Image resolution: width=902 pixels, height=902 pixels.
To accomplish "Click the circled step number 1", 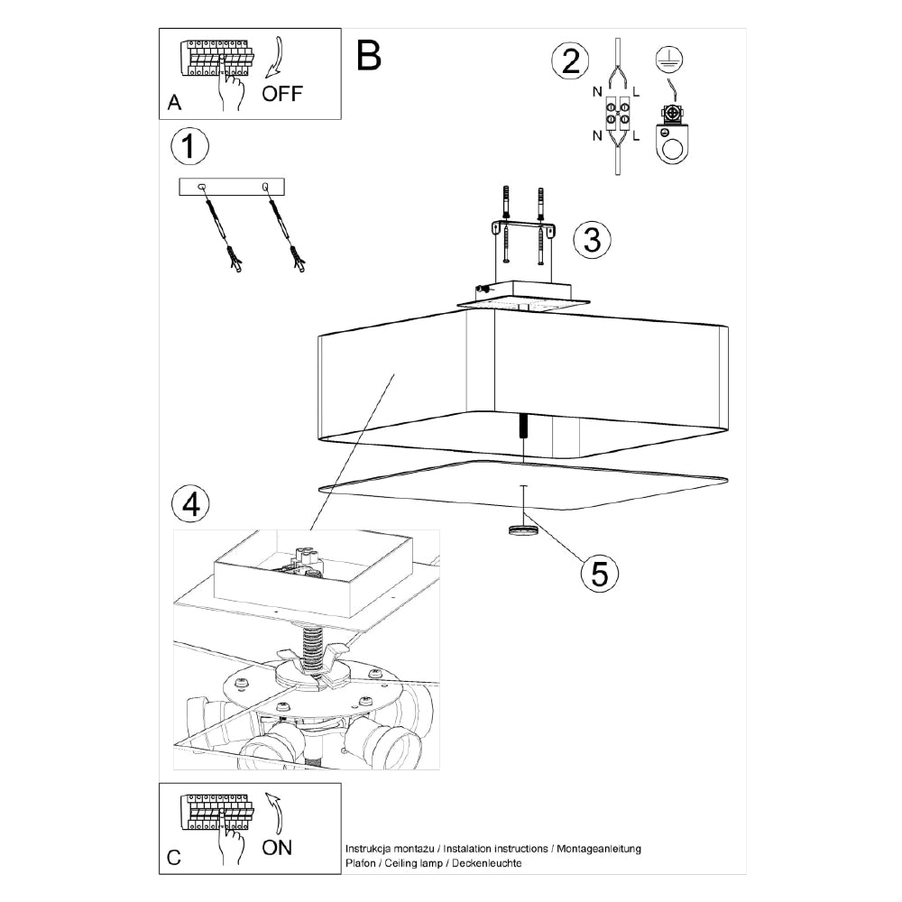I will [x=189, y=146].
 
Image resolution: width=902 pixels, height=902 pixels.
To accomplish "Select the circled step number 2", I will [x=570, y=61].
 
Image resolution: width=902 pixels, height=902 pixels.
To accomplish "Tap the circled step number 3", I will [x=593, y=239].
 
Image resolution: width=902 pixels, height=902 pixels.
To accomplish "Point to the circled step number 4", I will [x=190, y=505].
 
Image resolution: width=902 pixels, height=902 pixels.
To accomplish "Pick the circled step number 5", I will [x=600, y=572].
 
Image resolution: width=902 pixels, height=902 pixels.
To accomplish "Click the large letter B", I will [x=368, y=56].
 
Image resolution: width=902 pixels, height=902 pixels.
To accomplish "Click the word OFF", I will [x=282, y=94].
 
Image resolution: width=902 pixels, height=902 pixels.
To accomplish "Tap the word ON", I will [x=277, y=847].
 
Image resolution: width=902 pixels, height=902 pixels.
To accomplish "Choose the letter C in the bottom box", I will [x=174, y=858].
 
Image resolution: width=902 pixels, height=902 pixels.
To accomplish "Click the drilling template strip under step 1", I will [x=232, y=187].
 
